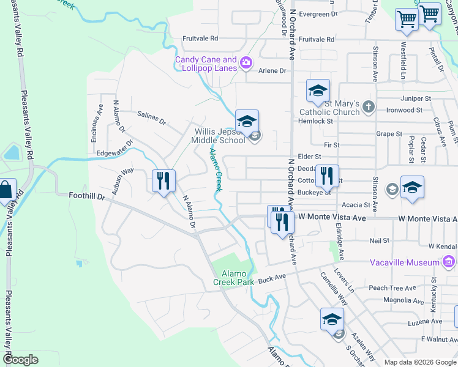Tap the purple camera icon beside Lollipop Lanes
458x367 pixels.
246,62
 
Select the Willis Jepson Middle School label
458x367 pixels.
220,136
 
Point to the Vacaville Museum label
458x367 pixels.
405,262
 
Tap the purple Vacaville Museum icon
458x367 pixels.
449,262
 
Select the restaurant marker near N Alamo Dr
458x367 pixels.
163,180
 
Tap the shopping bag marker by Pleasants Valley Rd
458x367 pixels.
4,191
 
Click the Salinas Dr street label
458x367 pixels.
152,118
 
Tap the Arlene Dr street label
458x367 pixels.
273,71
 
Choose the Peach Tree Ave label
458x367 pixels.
392,287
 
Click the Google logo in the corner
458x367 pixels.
20,360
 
